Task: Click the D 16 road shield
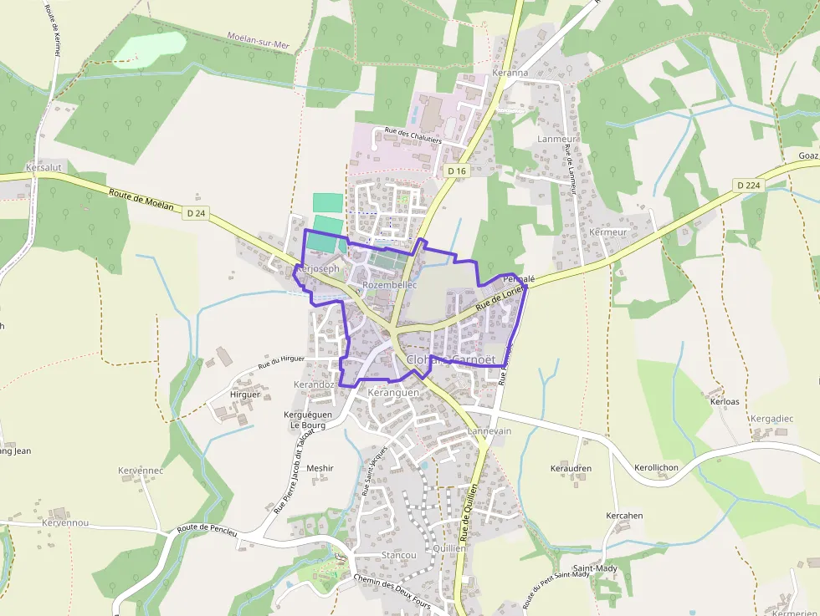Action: click(x=456, y=171)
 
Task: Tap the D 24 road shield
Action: click(x=196, y=213)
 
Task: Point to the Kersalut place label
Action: click(x=44, y=168)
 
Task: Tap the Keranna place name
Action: click(x=510, y=73)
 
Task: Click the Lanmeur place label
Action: click(x=557, y=139)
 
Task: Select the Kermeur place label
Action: click(x=607, y=232)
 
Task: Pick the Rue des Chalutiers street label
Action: click(x=413, y=134)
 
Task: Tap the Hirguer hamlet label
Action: click(x=245, y=395)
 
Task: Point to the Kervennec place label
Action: click(x=141, y=471)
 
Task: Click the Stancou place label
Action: click(x=398, y=555)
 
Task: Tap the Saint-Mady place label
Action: click(x=595, y=569)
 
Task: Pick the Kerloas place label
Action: click(x=725, y=402)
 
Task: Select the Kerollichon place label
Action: click(x=656, y=468)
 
